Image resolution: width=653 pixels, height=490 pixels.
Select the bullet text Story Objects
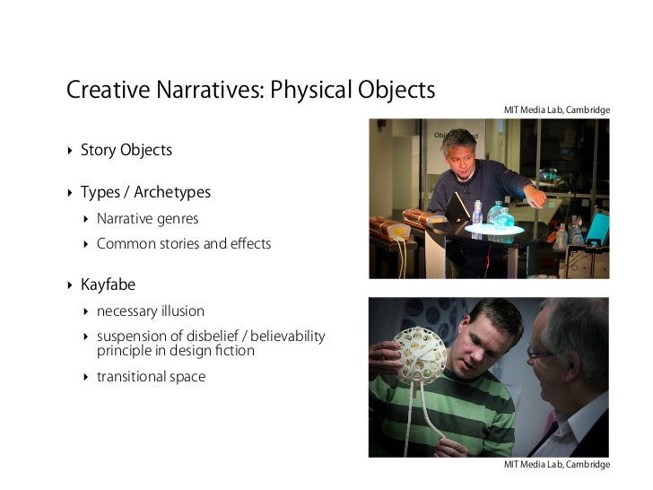click(x=126, y=150)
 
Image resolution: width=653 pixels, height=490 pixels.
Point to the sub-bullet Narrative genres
click(x=148, y=218)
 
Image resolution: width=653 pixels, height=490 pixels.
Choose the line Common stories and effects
click(x=183, y=243)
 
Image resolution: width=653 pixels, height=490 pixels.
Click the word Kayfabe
click(x=108, y=285)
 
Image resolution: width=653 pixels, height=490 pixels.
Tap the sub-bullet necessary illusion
click(x=150, y=311)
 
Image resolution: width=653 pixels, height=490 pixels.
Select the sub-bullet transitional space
click(x=151, y=377)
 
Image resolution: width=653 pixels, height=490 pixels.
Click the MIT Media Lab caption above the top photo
click(x=556, y=110)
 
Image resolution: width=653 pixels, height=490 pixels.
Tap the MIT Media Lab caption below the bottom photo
click(x=556, y=465)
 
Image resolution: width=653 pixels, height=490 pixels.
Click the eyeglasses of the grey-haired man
click(x=541, y=353)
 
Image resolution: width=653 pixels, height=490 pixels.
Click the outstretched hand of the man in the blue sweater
click(x=538, y=196)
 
